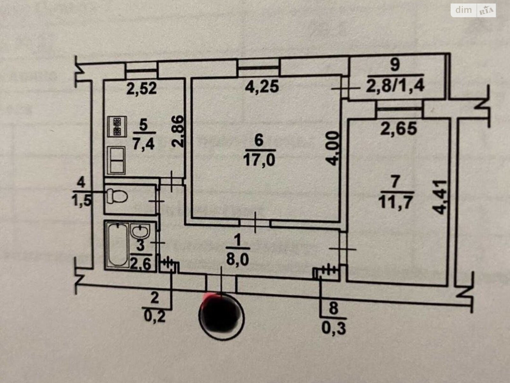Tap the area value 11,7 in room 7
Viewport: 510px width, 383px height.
coord(396,202)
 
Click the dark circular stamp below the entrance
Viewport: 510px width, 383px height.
coord(221,315)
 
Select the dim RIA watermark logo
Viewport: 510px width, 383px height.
coord(473,10)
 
